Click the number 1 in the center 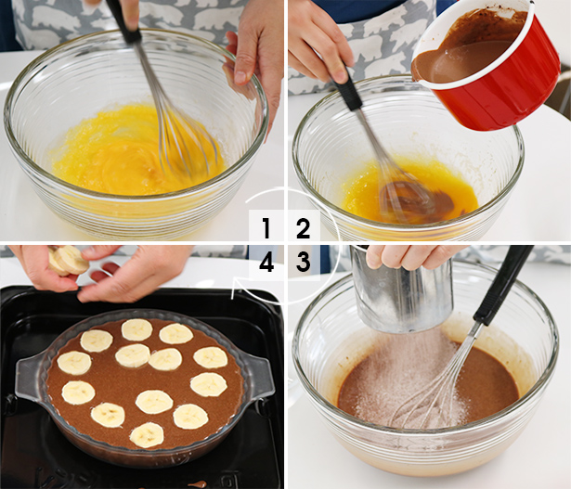point(266,228)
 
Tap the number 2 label point(303,228)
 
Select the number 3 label point(303,263)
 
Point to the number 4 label point(266,263)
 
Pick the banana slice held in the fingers point(67,261)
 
